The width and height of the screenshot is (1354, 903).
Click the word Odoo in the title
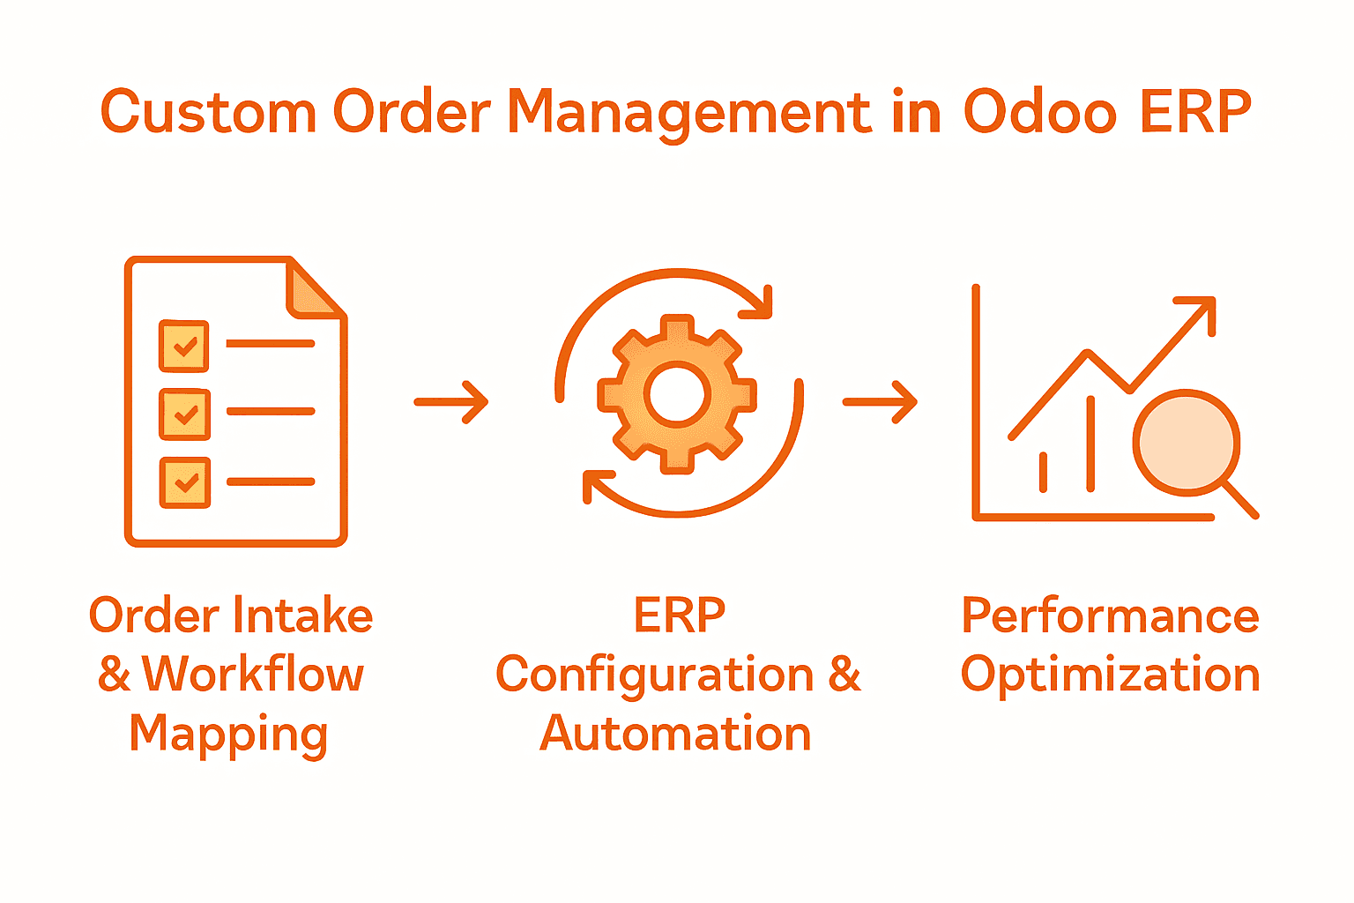(x=1039, y=113)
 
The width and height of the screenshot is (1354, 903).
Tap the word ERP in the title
(x=1195, y=113)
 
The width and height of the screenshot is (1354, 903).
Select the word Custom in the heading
(x=208, y=113)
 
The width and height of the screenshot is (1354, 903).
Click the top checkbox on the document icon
(x=184, y=346)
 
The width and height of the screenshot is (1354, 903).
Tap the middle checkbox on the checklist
(x=184, y=414)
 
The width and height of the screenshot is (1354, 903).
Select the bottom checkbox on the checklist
(x=184, y=482)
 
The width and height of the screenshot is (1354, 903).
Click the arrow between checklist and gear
(x=451, y=402)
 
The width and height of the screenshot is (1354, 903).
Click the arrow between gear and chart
(x=880, y=402)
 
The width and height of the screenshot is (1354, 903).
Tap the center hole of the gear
(x=677, y=394)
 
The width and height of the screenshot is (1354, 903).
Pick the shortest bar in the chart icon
(x=1044, y=472)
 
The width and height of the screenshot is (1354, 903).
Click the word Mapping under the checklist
(x=228, y=734)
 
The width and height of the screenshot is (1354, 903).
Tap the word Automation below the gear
(x=675, y=734)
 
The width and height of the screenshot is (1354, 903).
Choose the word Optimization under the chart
(x=1110, y=675)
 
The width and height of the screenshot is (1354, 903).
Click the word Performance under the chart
(x=1110, y=616)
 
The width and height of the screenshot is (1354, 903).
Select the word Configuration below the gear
(x=654, y=675)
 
